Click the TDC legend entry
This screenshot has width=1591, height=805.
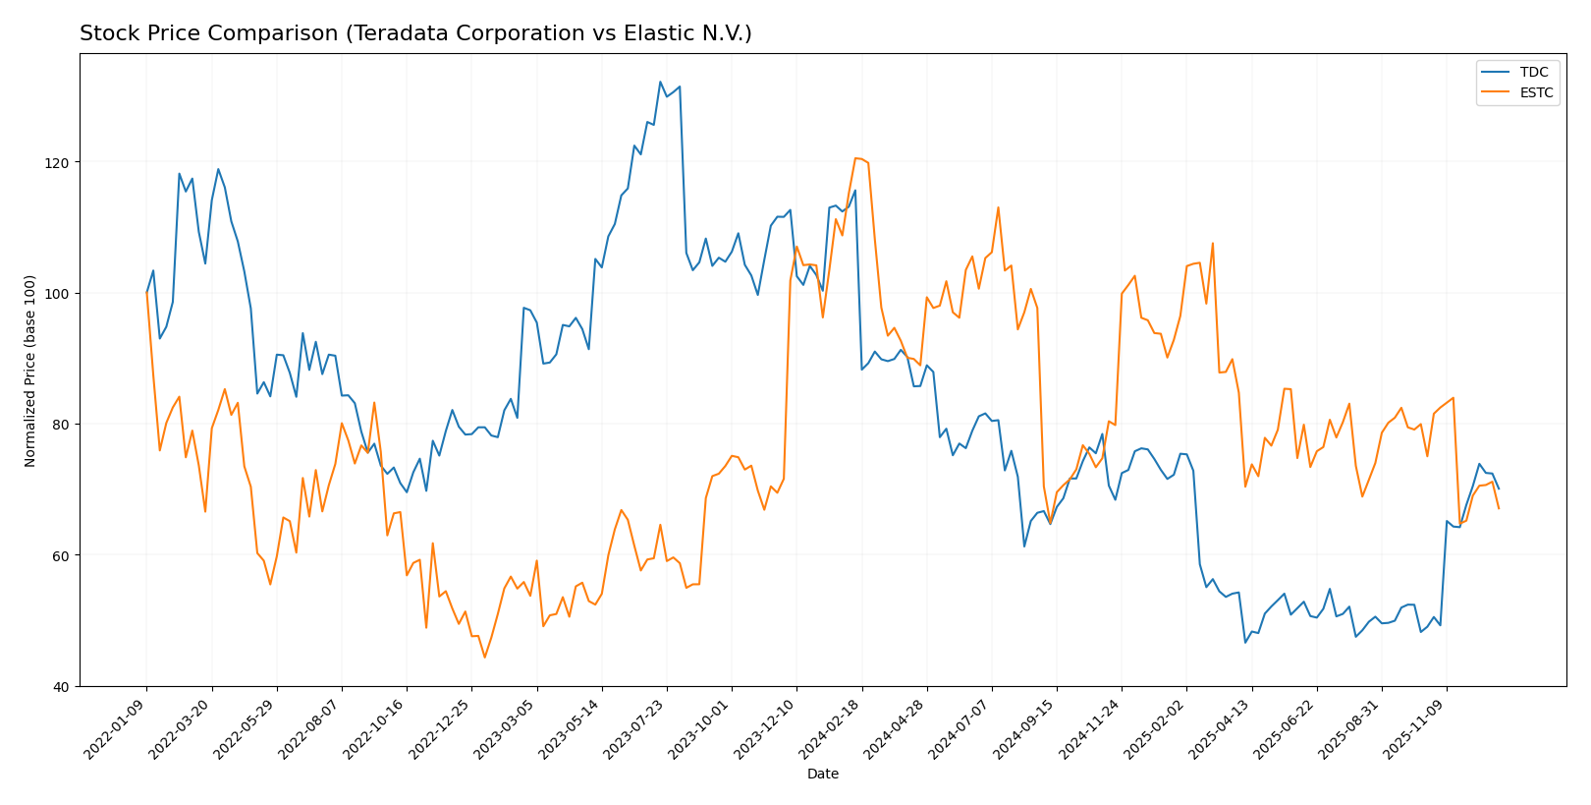pyautogui.click(x=1533, y=73)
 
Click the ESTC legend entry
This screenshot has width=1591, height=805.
pyautogui.click(x=1536, y=93)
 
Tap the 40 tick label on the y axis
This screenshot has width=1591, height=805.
pyautogui.click(x=61, y=686)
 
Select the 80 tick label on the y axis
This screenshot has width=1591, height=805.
pyautogui.click(x=61, y=425)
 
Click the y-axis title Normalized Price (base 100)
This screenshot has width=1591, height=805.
pyautogui.click(x=30, y=371)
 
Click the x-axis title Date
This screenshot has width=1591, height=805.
pyautogui.click(x=822, y=775)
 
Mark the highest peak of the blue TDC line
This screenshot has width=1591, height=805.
pyautogui.click(x=660, y=82)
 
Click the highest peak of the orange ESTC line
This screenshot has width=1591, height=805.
pyautogui.click(x=855, y=158)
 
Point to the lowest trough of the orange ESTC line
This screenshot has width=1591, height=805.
pyautogui.click(x=484, y=657)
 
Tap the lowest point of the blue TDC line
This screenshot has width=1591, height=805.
pyautogui.click(x=1245, y=642)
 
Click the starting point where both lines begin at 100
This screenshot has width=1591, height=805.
pyautogui.click(x=147, y=293)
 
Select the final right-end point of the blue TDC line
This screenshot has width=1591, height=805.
pyautogui.click(x=1499, y=489)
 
